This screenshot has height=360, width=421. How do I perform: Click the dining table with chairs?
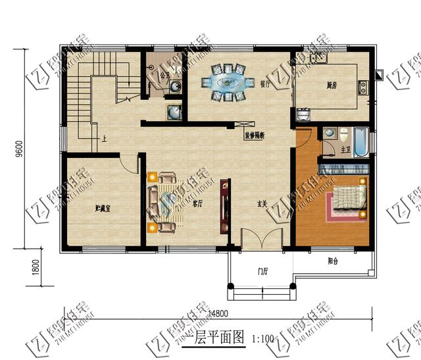[228, 83]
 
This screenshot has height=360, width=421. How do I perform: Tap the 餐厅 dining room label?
[266, 84]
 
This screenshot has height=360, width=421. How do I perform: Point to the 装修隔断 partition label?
[255, 136]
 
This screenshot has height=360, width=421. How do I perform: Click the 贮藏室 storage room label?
[102, 209]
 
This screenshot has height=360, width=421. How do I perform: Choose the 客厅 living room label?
[196, 205]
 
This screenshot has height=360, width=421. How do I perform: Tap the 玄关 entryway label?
[260, 205]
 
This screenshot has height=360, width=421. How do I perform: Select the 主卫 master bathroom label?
[345, 151]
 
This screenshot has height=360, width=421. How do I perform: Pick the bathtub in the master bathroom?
[361, 141]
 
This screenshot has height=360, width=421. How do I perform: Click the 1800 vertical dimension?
[20, 269]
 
